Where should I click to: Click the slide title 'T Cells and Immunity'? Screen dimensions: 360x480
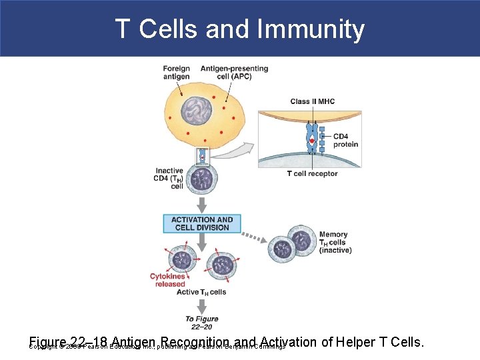(x=239, y=29)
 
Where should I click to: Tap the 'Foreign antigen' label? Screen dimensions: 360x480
(x=176, y=72)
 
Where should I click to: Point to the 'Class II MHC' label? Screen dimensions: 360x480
(x=312, y=101)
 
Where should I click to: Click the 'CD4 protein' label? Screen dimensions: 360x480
(x=345, y=141)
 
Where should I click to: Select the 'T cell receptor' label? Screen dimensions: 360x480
(x=312, y=174)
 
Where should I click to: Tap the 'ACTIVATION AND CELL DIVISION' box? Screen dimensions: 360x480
(x=202, y=223)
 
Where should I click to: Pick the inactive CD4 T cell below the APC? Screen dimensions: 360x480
(x=201, y=179)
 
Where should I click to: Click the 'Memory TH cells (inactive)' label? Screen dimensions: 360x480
(x=335, y=243)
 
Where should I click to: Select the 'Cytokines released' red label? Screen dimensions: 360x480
(x=167, y=280)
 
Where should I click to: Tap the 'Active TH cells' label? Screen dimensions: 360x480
(x=201, y=292)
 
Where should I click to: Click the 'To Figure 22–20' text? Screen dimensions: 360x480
(x=201, y=323)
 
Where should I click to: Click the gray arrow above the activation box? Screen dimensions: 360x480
(x=201, y=203)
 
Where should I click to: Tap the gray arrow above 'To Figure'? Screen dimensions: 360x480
(x=201, y=305)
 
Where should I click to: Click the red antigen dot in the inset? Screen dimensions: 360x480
(x=311, y=141)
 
